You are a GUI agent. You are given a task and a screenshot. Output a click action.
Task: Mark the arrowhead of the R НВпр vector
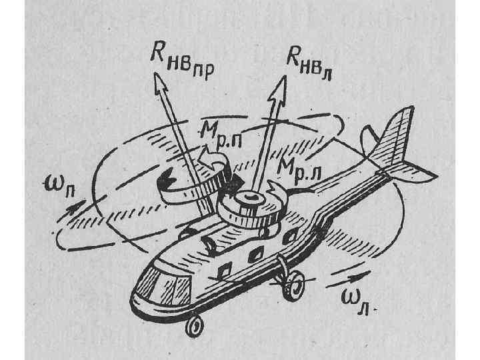click(160, 83)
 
